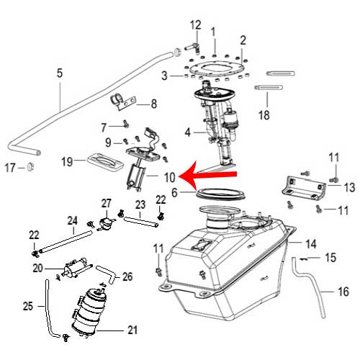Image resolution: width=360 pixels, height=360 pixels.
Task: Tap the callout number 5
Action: pyautogui.click(x=60, y=72)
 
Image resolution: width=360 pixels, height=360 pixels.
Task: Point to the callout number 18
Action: pyautogui.click(x=264, y=114)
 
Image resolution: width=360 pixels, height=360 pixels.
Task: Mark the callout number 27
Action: pyautogui.click(x=106, y=204)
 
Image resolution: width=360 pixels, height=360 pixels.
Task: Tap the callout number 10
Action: pyautogui.click(x=169, y=176)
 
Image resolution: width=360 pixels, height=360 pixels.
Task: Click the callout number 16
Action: pyautogui.click(x=342, y=292)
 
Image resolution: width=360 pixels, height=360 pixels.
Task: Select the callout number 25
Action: pyautogui.click(x=27, y=306)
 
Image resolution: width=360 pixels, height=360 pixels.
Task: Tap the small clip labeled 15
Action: pyautogui.click(x=305, y=256)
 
